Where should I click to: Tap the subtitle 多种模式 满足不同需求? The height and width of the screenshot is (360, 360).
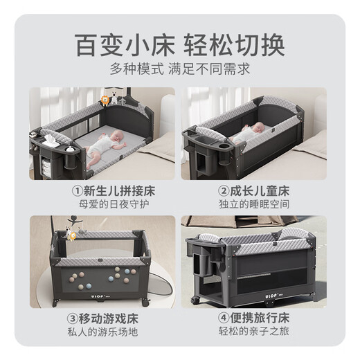[179, 69]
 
